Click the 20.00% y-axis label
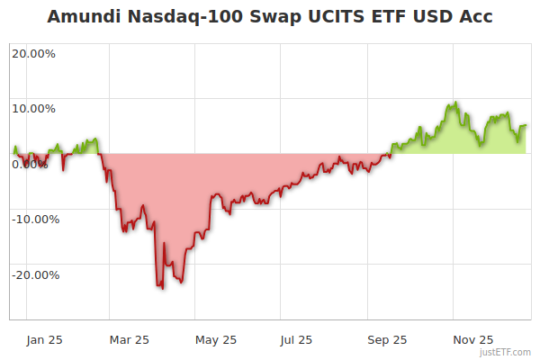pyautogui.click(x=33, y=53)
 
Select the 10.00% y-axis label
pyautogui.click(x=33, y=109)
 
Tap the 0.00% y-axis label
pyautogui.click(x=30, y=164)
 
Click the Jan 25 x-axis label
pyautogui.click(x=44, y=339)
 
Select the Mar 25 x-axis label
pyautogui.click(x=129, y=339)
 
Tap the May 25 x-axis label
pyautogui.click(x=216, y=339)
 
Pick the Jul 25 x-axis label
pyautogui.click(x=296, y=339)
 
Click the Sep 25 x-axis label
pyautogui.click(x=387, y=339)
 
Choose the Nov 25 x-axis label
pyautogui.click(x=472, y=339)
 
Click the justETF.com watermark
pyautogui.click(x=506, y=352)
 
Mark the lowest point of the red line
pyautogui.click(x=162, y=289)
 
